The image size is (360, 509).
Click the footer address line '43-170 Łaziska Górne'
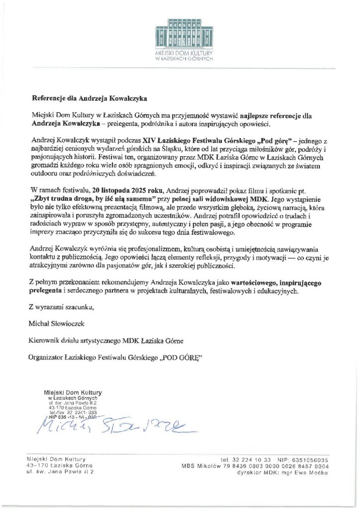(x=56, y=466)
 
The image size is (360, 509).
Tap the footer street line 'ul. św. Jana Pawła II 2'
(x=59, y=473)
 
